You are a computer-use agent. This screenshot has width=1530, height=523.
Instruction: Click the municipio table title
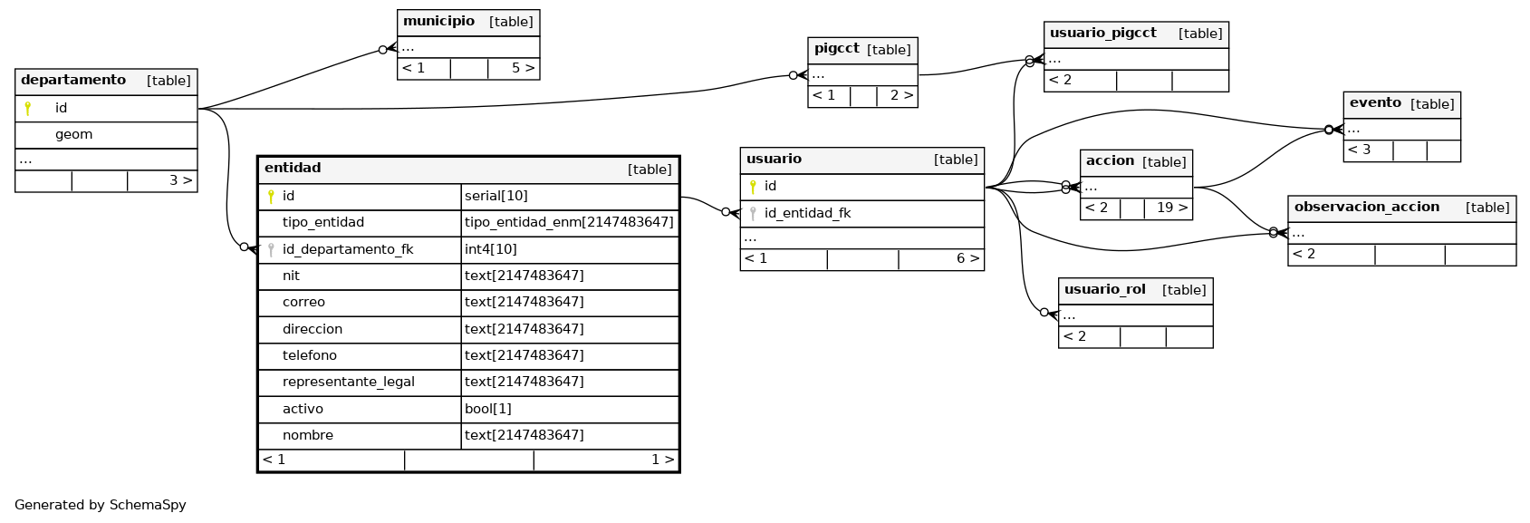click(x=438, y=21)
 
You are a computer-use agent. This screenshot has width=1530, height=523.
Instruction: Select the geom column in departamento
click(x=73, y=135)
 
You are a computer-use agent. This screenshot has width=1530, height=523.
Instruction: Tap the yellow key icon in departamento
click(x=27, y=108)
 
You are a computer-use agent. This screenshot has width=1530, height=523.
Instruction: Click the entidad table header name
click(x=293, y=169)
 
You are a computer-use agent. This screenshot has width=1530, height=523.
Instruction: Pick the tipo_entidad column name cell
click(x=323, y=222)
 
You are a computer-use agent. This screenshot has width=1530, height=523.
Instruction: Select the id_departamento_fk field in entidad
click(x=348, y=249)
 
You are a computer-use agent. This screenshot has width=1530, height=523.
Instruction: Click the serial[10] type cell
click(x=496, y=196)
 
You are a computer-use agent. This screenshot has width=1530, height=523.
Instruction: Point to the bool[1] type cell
click(x=487, y=409)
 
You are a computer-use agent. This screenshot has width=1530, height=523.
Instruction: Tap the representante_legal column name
click(x=349, y=383)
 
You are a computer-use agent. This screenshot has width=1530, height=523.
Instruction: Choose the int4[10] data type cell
click(x=490, y=249)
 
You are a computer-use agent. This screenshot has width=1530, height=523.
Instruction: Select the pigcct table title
click(x=837, y=49)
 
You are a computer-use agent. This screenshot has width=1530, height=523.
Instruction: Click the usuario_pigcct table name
click(x=1103, y=33)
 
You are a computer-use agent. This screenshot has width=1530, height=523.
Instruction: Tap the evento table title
click(x=1376, y=102)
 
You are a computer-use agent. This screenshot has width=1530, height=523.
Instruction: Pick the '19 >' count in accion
click(x=1172, y=208)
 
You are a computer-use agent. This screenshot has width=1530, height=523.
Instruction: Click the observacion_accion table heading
click(x=1367, y=207)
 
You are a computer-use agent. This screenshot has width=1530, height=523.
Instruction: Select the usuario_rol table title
click(x=1105, y=289)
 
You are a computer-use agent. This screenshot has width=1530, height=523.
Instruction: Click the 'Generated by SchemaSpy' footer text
click(x=101, y=505)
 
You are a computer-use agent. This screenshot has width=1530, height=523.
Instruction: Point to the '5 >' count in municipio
click(x=524, y=68)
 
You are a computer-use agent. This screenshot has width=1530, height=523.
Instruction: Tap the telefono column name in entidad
click(x=310, y=355)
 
